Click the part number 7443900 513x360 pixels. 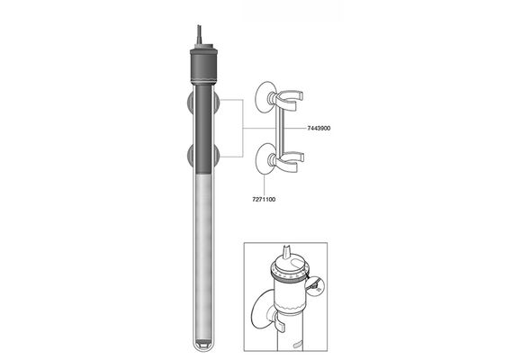(x=319, y=129)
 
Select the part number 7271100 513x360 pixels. (x=264, y=199)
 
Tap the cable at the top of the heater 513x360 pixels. (x=199, y=34)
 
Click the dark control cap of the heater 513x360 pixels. (x=203, y=66)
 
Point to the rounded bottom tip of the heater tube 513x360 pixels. (x=203, y=346)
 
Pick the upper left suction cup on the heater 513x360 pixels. (x=190, y=102)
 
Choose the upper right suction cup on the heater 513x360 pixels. (x=216, y=102)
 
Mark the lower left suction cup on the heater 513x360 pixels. (x=190, y=157)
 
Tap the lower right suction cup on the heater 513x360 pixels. (x=216, y=157)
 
